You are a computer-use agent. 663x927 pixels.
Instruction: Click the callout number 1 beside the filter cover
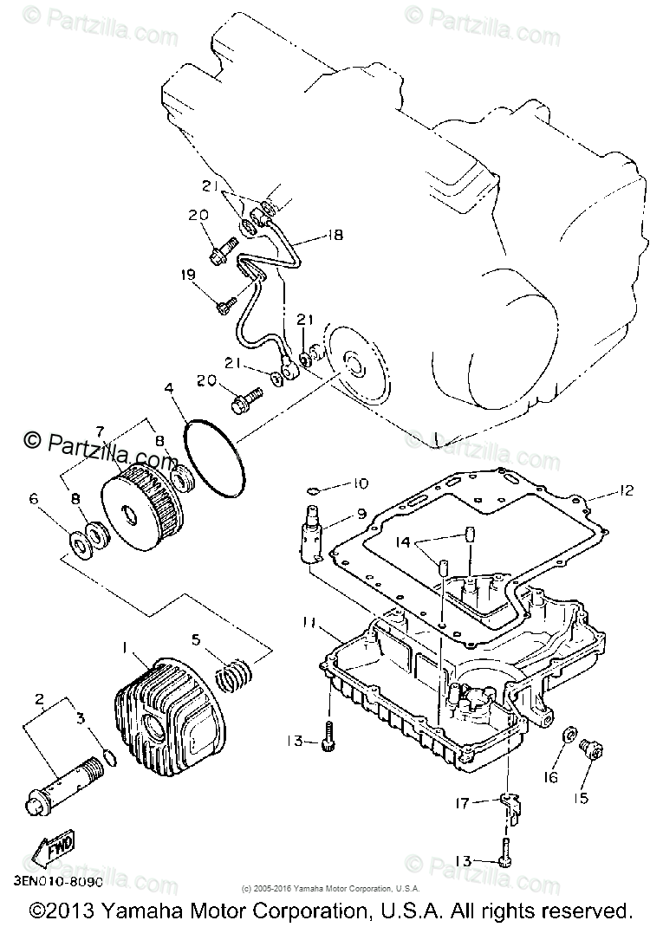[126, 646]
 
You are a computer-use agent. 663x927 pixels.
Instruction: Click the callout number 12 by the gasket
[626, 490]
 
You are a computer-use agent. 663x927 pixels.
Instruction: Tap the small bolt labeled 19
[226, 303]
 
